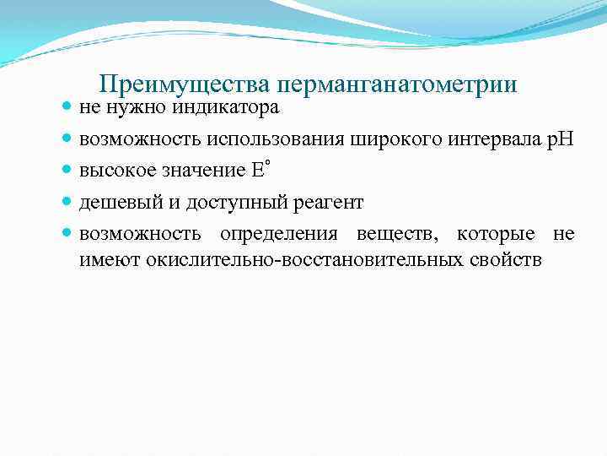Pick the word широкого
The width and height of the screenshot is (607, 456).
tap(398, 139)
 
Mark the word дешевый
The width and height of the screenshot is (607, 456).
tap(114, 203)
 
